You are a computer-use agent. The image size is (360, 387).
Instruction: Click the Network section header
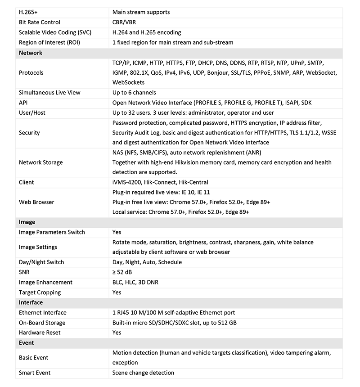[31, 53]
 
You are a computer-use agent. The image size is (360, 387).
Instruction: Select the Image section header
[27, 222]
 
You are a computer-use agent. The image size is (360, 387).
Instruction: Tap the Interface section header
[31, 303]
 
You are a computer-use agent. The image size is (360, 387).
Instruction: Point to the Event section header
[27, 343]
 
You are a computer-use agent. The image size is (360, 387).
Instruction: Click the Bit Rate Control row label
[40, 22]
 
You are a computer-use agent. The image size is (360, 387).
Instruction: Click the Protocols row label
[31, 73]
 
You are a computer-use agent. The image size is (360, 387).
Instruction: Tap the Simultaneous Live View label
[49, 93]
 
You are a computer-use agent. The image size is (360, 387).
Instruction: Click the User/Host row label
[32, 112]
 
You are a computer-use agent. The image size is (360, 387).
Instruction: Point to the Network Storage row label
[41, 162]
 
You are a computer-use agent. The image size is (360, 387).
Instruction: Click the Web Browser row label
[36, 202]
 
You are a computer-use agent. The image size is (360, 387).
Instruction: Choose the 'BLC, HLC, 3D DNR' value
[135, 282]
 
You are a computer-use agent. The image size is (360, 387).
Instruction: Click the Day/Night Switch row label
[41, 262]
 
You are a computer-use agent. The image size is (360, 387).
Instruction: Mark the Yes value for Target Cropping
[117, 292]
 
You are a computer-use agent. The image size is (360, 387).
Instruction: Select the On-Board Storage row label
[42, 323]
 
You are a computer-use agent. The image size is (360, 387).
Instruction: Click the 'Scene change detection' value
[143, 373]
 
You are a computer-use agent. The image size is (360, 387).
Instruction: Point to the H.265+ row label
[28, 12]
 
